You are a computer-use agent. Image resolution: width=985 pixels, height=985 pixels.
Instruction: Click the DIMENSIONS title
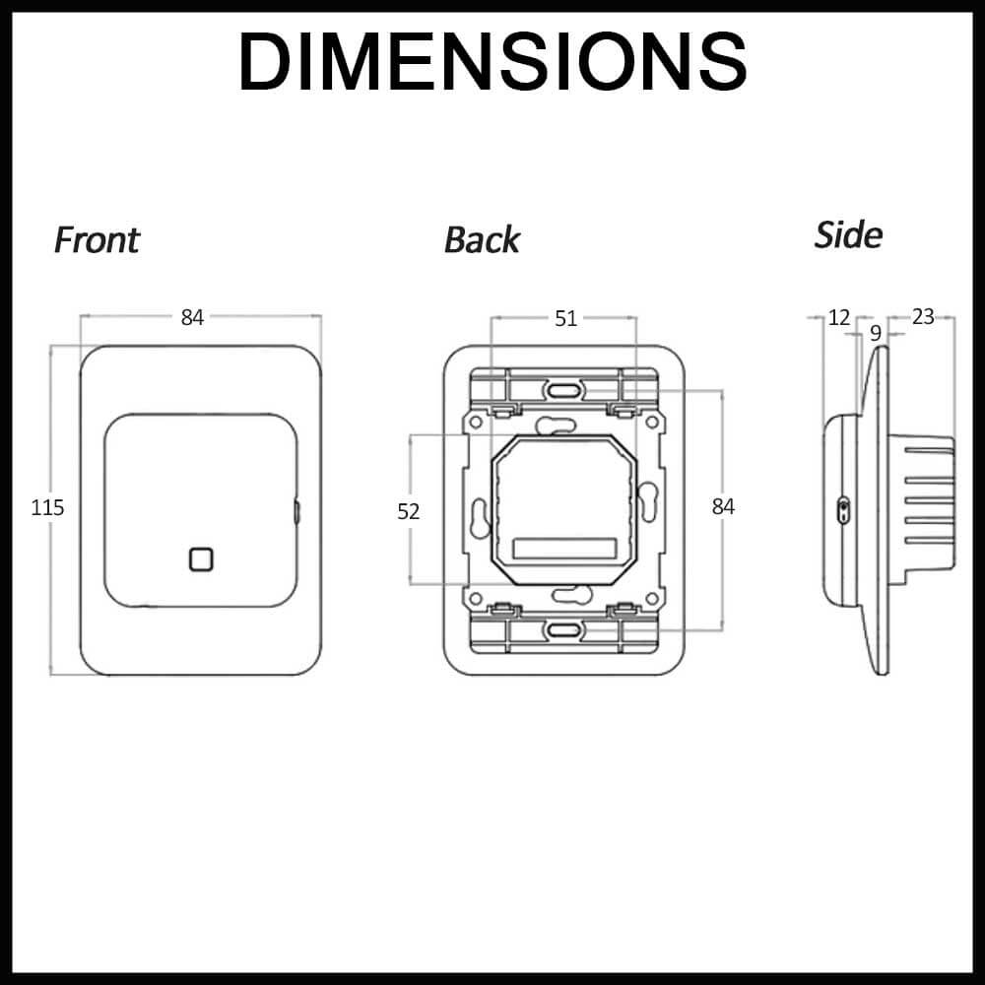[492, 61]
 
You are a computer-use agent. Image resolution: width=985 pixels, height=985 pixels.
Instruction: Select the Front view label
[97, 240]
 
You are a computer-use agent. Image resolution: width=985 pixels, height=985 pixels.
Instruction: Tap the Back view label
[482, 240]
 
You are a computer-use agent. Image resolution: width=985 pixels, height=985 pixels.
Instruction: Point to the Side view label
[848, 235]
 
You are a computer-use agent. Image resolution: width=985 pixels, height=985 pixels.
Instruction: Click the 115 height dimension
[47, 507]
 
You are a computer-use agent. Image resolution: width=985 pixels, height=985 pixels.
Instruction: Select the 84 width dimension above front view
[192, 317]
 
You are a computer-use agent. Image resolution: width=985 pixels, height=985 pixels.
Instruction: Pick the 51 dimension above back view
[565, 318]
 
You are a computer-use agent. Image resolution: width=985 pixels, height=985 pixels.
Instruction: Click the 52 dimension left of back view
[409, 511]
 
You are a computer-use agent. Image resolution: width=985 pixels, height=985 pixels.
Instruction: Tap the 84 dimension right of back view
[723, 506]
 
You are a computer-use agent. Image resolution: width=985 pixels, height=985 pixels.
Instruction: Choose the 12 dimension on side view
[838, 317]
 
